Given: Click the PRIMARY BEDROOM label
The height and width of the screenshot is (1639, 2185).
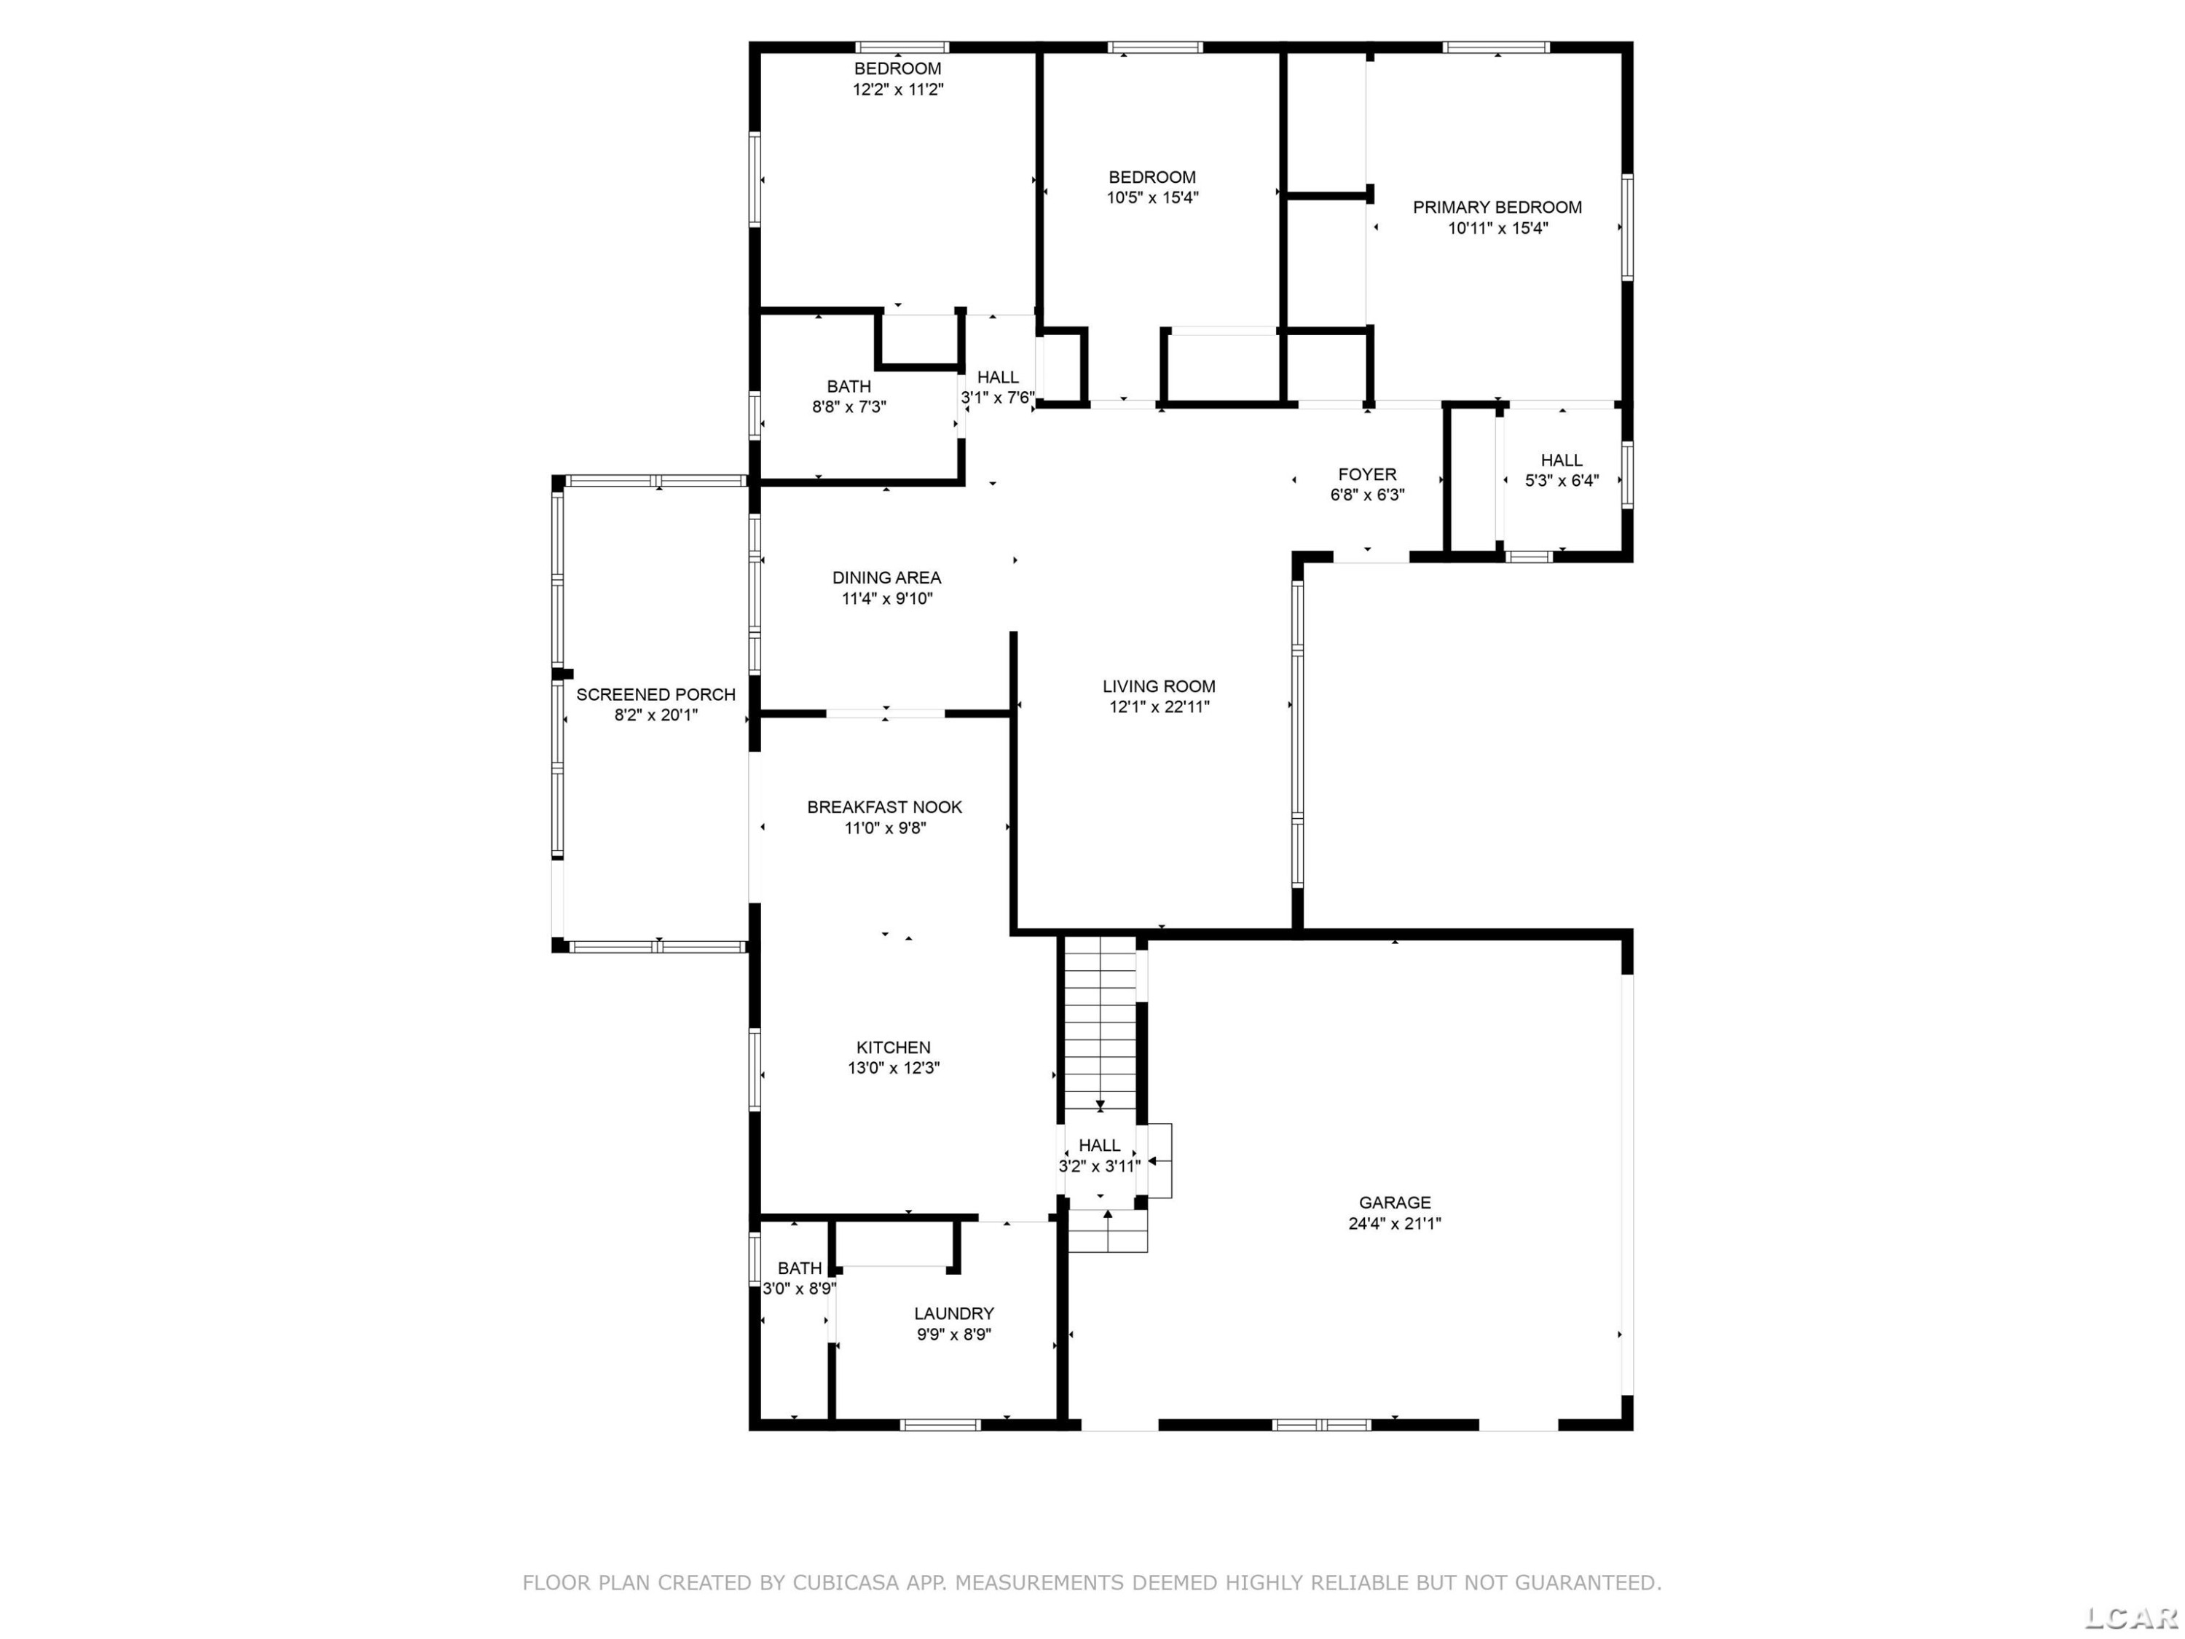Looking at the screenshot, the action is tap(1497, 208).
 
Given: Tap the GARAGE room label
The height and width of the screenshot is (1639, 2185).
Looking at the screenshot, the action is tap(1394, 1203).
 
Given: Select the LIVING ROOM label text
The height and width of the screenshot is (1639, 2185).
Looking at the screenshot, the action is tap(1159, 685).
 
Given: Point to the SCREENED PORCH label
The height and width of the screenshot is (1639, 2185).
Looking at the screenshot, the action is tap(656, 694).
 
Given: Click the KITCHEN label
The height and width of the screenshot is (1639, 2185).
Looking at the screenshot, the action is tap(893, 1048).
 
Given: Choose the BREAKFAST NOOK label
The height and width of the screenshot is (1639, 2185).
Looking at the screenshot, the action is tap(884, 807).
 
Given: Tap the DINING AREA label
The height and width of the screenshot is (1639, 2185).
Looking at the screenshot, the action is tap(886, 578).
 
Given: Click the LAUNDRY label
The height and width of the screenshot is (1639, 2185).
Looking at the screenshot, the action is tap(953, 1313).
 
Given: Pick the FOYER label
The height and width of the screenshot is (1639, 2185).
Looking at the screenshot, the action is tap(1367, 474).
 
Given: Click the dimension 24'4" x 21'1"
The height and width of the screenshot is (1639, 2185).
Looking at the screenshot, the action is tap(1394, 1223).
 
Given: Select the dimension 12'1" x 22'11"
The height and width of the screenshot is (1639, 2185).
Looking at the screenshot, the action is tap(1159, 707).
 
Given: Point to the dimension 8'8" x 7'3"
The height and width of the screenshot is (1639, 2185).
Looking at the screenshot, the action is tap(849, 407).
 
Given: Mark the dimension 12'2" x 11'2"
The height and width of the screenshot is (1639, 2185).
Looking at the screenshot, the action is tap(898, 89).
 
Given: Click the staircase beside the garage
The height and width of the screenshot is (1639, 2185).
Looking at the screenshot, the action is tap(1099, 1027).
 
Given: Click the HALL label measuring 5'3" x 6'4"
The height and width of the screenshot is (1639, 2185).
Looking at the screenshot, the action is tap(1561, 460).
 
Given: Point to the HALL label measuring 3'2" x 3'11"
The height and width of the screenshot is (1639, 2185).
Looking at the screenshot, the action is tap(1099, 1145).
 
